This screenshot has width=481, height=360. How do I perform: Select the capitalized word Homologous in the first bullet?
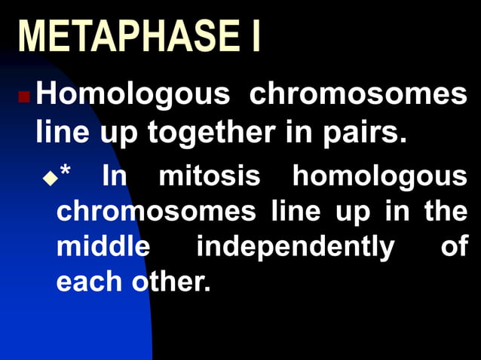132,96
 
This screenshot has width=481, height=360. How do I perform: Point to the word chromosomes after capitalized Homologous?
357,96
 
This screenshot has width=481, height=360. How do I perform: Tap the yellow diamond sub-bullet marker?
50,178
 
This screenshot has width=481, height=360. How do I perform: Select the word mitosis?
210,176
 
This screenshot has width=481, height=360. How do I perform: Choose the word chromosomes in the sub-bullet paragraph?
156,211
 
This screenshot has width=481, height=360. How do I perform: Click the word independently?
295,247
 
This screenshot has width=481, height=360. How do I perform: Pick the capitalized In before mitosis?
115,176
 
